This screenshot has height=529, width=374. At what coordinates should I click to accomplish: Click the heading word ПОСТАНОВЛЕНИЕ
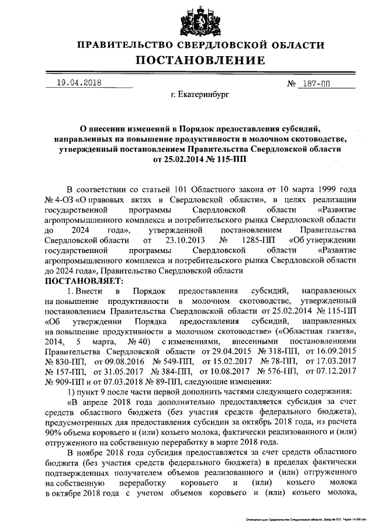(200, 60)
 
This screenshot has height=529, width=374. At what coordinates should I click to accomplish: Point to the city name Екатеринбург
(200, 94)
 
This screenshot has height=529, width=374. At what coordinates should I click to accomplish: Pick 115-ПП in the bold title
(227, 158)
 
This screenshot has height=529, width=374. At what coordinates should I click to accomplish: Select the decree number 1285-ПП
(252, 240)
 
